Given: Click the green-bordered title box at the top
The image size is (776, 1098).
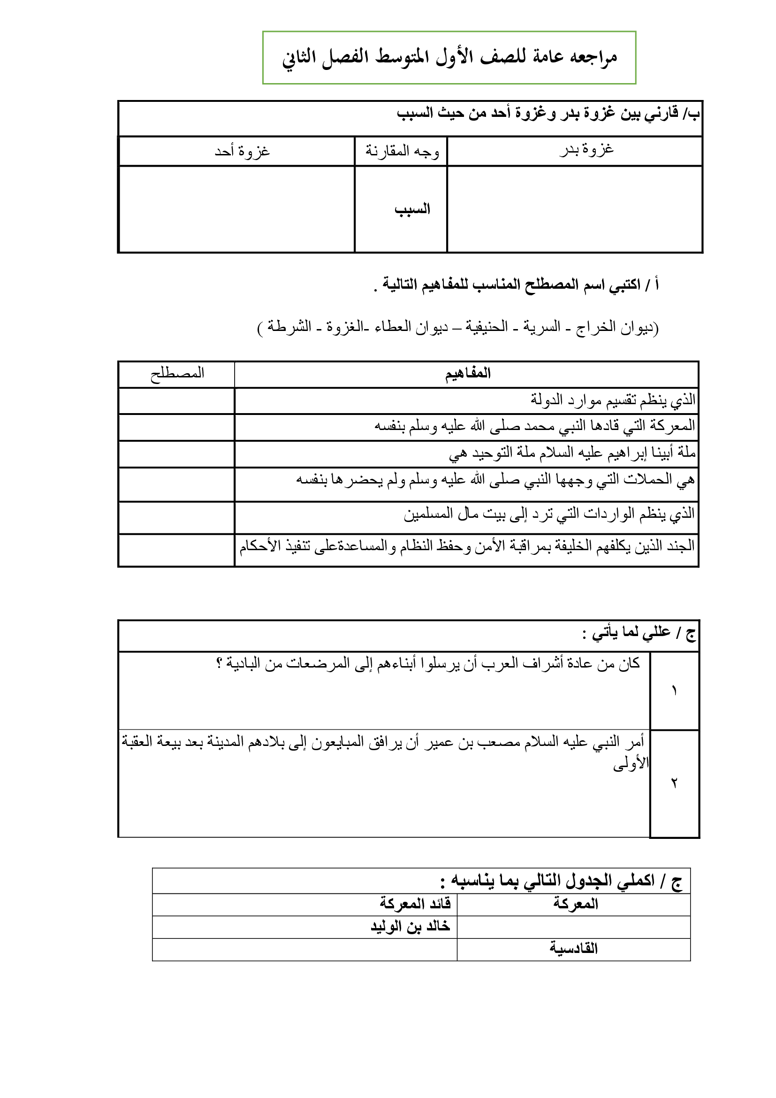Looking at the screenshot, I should (x=449, y=57).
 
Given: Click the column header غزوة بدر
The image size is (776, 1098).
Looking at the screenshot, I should (x=587, y=150).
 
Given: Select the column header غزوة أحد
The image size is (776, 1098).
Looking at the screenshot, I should (x=242, y=152).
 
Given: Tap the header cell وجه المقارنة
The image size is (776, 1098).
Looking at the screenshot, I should (x=402, y=152).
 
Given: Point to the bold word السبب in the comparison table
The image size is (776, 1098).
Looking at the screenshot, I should (x=412, y=209).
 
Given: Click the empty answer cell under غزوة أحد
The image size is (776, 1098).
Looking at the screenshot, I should (x=236, y=209).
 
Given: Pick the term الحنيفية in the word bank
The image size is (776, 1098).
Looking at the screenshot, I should (x=487, y=327).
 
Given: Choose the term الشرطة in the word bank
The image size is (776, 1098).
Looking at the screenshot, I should (x=289, y=327).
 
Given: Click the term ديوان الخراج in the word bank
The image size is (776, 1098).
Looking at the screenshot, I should (x=616, y=328).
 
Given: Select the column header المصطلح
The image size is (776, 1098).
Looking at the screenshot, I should (x=177, y=374).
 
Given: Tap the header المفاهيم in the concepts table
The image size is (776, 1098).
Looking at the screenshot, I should (x=468, y=374).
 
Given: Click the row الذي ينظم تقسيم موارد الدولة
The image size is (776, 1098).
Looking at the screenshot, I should (x=613, y=400).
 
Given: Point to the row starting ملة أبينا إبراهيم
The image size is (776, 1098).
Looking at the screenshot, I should (x=572, y=453).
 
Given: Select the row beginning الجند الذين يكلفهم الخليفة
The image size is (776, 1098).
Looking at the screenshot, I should (x=467, y=546).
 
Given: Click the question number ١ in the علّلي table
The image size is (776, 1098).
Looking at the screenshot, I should (x=674, y=691).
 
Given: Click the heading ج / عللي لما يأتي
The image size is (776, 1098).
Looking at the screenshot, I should (x=639, y=633).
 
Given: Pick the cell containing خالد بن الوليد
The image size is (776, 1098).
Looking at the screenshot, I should (x=411, y=926).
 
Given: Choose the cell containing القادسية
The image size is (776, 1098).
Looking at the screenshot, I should (x=573, y=948).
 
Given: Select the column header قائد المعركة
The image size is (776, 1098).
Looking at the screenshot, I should (x=415, y=904).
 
